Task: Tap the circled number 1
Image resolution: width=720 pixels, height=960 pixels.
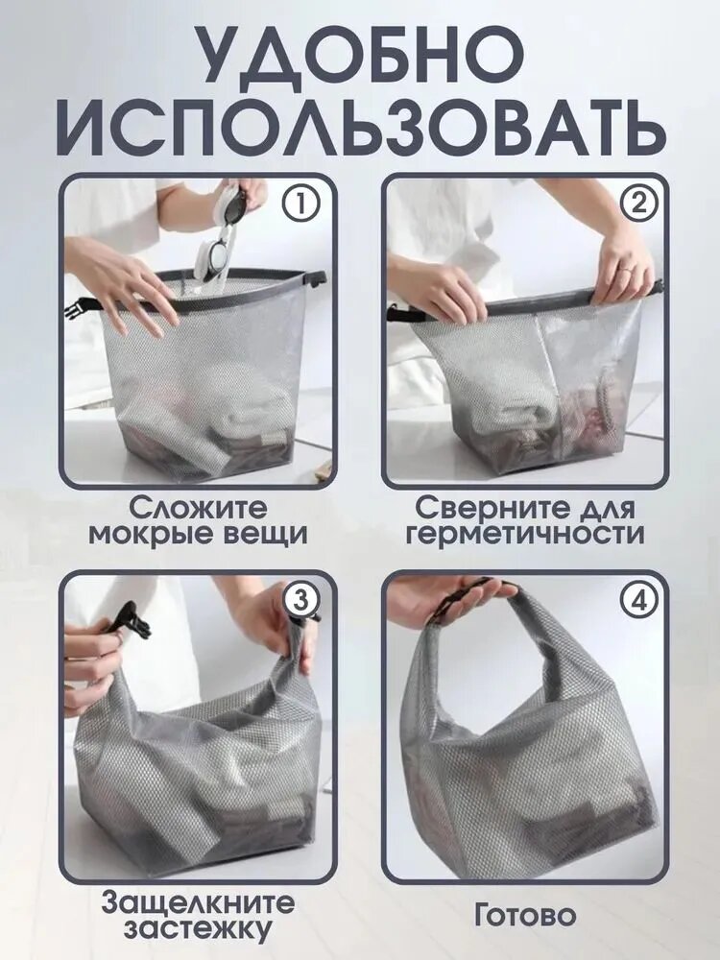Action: [x=300, y=203]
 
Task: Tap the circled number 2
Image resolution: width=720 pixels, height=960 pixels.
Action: [x=636, y=203]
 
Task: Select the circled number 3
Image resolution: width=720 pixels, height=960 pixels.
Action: [x=300, y=601]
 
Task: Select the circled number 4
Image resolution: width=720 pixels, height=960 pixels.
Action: [x=636, y=601]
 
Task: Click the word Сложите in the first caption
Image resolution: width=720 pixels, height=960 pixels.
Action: [x=199, y=508]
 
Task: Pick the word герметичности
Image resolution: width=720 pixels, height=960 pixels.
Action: [x=525, y=535]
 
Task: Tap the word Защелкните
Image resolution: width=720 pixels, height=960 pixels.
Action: [x=198, y=903]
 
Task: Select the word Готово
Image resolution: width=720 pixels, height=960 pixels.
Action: [x=525, y=916]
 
